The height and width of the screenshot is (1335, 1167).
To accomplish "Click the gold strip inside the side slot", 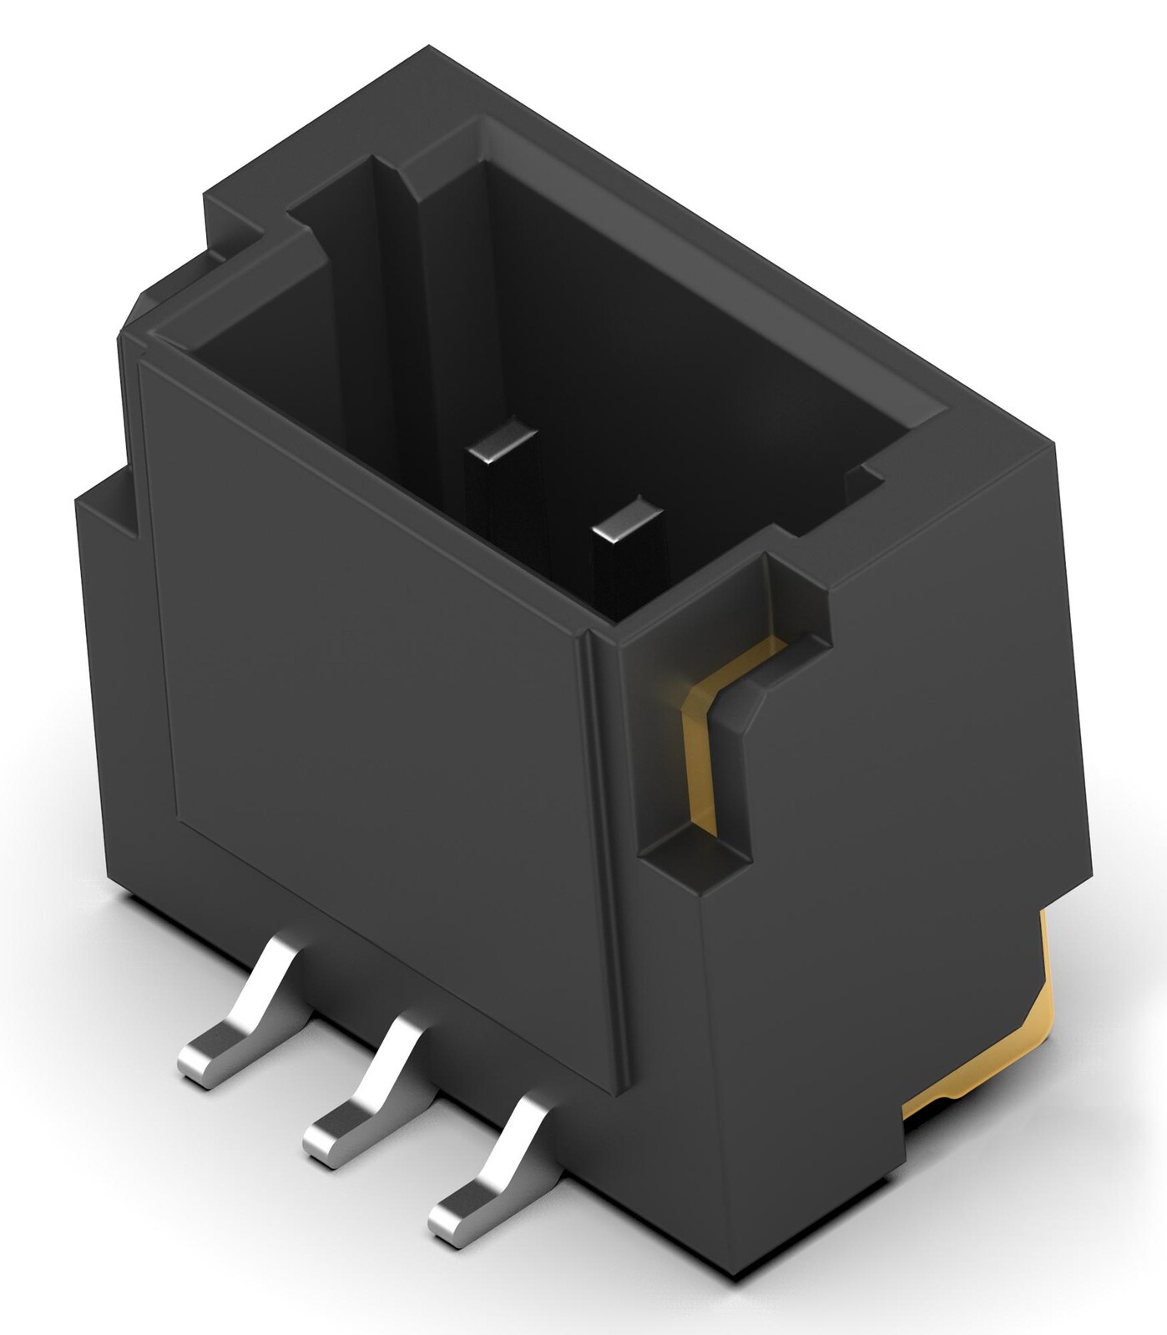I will pos(700,734).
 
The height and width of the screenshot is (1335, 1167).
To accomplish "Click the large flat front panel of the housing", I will pos(376,667).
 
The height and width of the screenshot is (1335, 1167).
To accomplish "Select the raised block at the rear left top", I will pos(242,209).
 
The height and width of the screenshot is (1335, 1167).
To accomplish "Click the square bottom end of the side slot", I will pos(697,859).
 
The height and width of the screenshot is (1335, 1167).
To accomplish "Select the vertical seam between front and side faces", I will pos(603,834).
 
